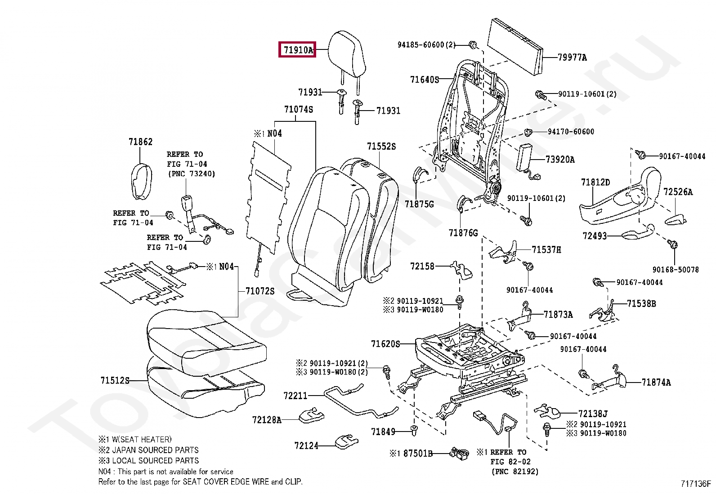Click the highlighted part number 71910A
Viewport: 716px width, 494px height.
click(297, 50)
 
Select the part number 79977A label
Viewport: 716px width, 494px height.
click(572, 58)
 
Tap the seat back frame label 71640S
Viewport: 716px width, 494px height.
click(424, 80)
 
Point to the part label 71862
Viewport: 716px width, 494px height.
click(140, 142)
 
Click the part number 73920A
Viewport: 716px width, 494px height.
click(559, 160)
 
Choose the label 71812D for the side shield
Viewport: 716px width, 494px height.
click(595, 182)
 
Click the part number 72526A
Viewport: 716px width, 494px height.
click(678, 192)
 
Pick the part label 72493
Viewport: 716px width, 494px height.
click(595, 236)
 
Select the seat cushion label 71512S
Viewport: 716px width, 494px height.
click(115, 381)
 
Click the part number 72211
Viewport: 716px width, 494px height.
click(295, 396)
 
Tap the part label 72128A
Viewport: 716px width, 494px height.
click(266, 420)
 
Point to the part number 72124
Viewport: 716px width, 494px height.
click(306, 446)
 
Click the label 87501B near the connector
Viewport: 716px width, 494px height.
click(417, 454)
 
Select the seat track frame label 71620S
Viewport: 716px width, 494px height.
click(385, 344)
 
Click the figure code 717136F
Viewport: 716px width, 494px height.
click(695, 484)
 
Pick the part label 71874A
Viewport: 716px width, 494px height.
click(656, 383)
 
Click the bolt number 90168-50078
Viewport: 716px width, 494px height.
click(675, 270)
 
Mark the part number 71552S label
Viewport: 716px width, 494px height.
click(381, 147)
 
